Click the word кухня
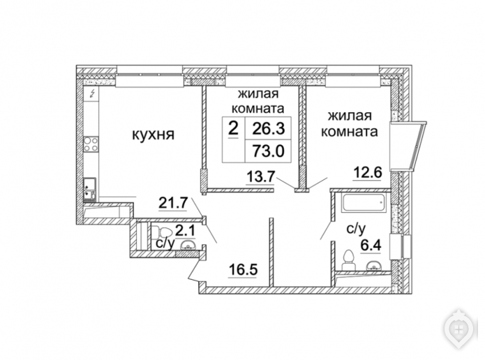click(152, 135)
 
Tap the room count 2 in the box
click(233, 128)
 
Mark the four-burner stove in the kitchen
click(91, 145)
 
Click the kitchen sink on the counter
click(91, 186)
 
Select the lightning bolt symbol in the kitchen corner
click(92, 93)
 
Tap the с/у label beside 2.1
click(165, 244)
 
